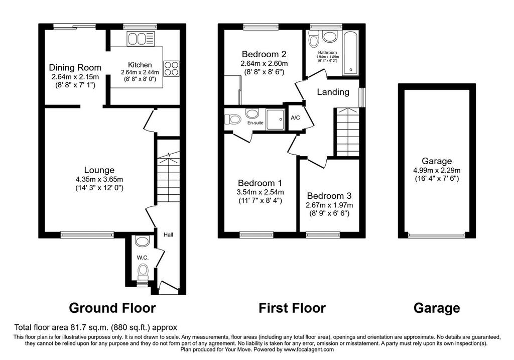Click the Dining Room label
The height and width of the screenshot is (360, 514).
tap(75, 68)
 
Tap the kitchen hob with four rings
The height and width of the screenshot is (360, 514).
tap(171, 69)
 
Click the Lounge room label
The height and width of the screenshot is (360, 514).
tap(99, 170)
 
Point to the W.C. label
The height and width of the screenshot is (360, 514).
tap(143, 258)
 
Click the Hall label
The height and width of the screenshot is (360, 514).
tap(168, 235)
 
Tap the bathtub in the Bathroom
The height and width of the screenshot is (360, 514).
tap(350, 53)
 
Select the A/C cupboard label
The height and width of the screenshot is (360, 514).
tap(295, 117)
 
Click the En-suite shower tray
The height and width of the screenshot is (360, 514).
tap(276, 119)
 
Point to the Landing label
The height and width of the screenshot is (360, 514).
tap(333, 92)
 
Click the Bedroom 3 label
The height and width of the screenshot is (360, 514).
tap(329, 196)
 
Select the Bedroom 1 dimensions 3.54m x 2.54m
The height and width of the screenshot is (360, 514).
tap(261, 192)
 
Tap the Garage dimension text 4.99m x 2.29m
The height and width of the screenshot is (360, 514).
tap(437, 170)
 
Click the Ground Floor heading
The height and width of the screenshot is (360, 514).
tap(112, 308)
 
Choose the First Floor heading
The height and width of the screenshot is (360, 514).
tap(292, 308)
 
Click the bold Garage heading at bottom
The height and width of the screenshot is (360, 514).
tap(437, 308)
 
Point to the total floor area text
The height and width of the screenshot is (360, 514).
tap(95, 327)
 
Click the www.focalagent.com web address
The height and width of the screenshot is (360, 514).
tap(309, 349)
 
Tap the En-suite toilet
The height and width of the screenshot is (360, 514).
tap(233, 118)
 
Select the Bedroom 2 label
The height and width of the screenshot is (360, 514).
tap(264, 54)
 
